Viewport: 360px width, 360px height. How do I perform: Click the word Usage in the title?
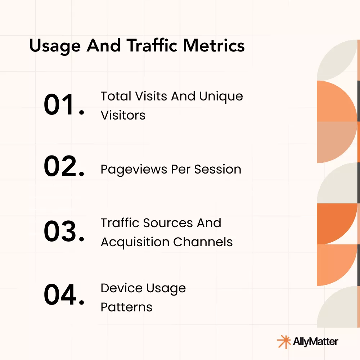[x=55, y=46]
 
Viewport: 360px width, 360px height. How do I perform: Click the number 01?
[x=64, y=105]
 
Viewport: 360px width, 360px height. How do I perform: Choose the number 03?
[x=64, y=231]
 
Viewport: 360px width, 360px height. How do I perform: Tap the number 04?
[x=64, y=294]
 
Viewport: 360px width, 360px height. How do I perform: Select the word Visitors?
[x=123, y=115]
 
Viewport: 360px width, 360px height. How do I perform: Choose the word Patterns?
[x=126, y=307]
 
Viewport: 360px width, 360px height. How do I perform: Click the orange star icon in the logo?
[x=284, y=342]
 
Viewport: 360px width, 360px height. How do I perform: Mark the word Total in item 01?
[x=116, y=96]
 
